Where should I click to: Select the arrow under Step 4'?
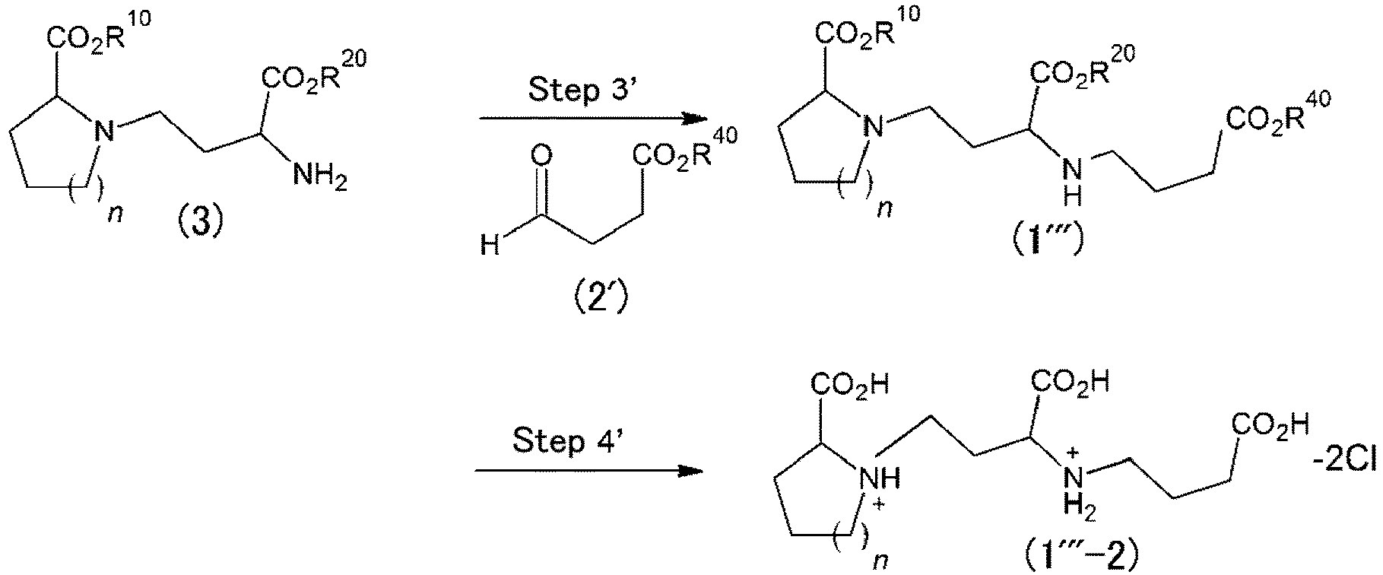tap(588, 472)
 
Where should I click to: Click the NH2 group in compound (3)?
tap(320, 177)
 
